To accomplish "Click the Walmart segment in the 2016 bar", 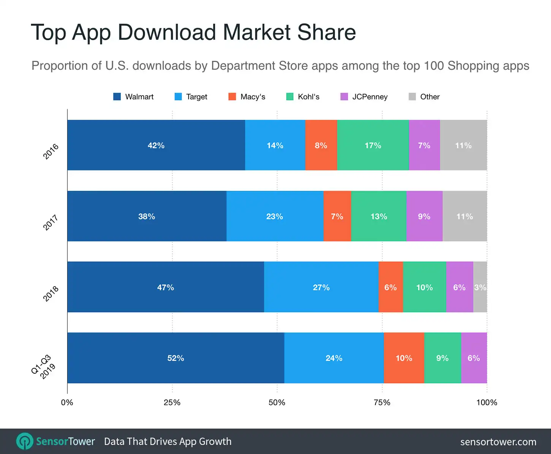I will click(x=156, y=145).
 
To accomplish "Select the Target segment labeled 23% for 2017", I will click(x=274, y=216).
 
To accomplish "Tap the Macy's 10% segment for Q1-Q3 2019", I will click(x=404, y=358).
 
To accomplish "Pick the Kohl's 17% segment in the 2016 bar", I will click(x=373, y=145).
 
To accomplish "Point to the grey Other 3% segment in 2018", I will click(x=480, y=287).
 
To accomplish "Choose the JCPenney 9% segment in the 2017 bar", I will click(x=424, y=216).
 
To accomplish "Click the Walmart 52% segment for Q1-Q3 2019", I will click(x=176, y=358).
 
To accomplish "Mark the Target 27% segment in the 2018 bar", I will click(x=321, y=287).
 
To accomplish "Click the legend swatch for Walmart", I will click(x=117, y=97).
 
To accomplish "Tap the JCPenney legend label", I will click(x=369, y=97).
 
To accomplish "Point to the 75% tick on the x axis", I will click(x=382, y=402).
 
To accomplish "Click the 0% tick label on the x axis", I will click(x=67, y=402).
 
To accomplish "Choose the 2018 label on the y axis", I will click(x=51, y=294).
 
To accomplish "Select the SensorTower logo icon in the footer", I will click(x=25, y=441).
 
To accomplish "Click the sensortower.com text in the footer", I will click(x=498, y=442).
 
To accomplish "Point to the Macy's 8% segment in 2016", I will click(x=321, y=145).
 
